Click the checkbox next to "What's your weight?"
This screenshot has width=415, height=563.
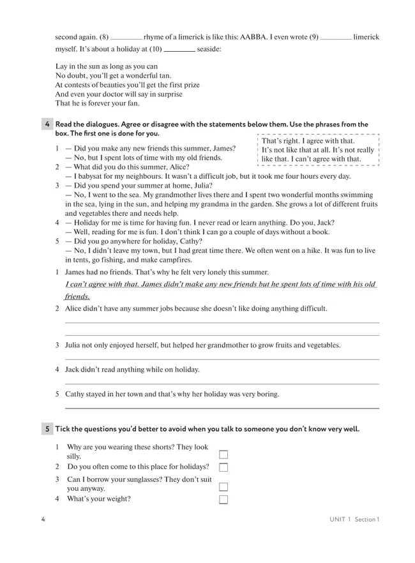click(223, 499)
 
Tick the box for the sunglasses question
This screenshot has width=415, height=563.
click(223, 486)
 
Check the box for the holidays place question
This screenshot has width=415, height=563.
click(223, 467)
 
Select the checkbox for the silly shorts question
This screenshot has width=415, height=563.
click(223, 454)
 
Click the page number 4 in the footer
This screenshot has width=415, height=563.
click(43, 519)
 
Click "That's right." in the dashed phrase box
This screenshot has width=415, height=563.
click(282, 141)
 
